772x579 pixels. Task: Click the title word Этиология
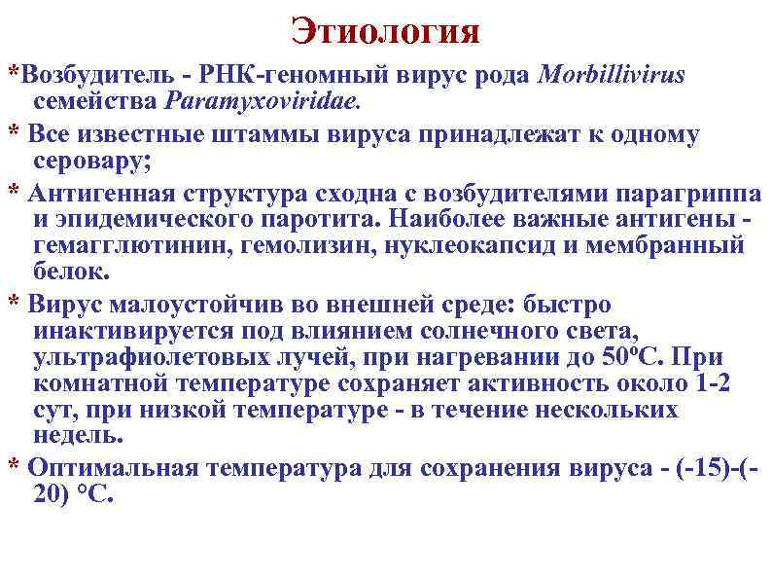click(385, 31)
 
